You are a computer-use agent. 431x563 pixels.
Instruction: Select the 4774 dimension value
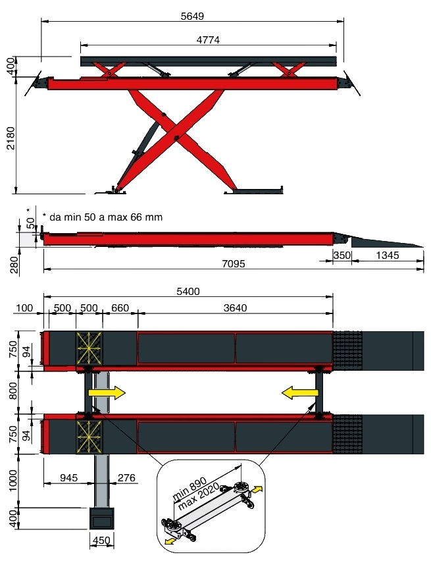(x=208, y=40)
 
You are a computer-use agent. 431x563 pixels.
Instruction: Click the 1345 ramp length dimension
(x=386, y=255)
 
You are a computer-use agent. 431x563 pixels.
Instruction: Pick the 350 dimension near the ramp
(x=341, y=255)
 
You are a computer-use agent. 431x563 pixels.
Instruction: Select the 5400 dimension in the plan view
(x=188, y=291)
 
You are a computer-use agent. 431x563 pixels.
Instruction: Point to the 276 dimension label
(x=127, y=476)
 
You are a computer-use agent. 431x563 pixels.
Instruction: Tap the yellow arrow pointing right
(x=106, y=393)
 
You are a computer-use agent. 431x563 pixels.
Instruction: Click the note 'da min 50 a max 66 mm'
(x=102, y=217)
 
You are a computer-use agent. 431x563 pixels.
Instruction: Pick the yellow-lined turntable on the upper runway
(x=89, y=348)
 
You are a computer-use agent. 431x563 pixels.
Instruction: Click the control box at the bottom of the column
(x=101, y=519)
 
